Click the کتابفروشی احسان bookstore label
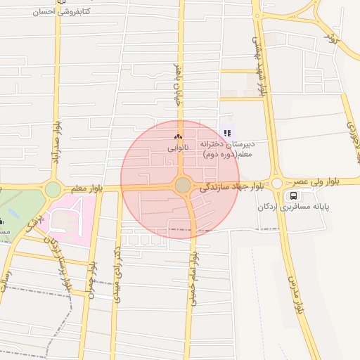click(x=61, y=13)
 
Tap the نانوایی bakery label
click(x=178, y=148)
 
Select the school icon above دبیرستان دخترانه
click(x=226, y=133)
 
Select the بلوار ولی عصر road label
click(x=316, y=181)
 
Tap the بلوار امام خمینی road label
click(x=194, y=278)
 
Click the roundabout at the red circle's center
click(x=182, y=185)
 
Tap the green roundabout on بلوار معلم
click(x=53, y=189)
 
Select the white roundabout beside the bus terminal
click(x=277, y=183)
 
